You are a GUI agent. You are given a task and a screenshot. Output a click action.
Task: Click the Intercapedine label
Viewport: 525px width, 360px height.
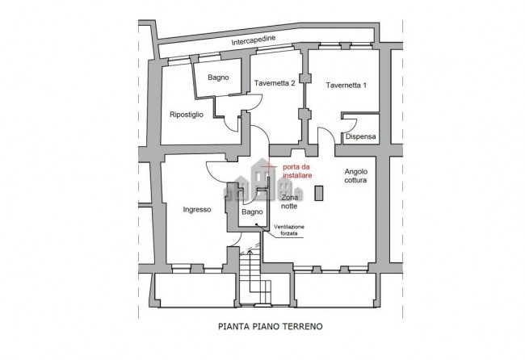click(x=254, y=40)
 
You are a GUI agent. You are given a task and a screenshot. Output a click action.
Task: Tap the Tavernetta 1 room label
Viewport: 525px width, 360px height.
click(x=346, y=86)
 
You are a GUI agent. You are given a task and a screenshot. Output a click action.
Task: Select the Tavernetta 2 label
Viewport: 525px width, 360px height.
click(x=275, y=83)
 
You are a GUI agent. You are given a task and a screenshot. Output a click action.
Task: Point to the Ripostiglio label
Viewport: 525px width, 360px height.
click(x=187, y=115)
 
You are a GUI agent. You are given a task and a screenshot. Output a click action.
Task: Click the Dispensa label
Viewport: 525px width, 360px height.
click(x=360, y=136)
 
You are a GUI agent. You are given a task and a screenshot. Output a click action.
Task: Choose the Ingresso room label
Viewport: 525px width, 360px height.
click(x=197, y=210)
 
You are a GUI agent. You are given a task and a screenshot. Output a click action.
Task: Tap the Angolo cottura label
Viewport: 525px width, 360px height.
click(x=356, y=176)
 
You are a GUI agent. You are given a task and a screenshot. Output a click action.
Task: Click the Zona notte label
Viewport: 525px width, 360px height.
click(x=289, y=202)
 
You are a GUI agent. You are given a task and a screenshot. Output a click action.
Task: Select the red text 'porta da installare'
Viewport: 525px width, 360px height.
click(x=297, y=171)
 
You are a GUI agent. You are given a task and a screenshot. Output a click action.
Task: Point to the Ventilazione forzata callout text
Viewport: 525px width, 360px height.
click(x=289, y=230)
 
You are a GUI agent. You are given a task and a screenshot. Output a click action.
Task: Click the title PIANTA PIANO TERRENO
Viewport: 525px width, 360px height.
click(x=271, y=326)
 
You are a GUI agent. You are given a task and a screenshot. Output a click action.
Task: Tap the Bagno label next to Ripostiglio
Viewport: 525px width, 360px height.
click(x=218, y=77)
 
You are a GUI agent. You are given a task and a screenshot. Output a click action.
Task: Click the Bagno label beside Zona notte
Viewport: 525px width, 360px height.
click(x=252, y=211)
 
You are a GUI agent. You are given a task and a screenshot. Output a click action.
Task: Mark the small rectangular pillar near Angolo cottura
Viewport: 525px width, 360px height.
click(x=319, y=193)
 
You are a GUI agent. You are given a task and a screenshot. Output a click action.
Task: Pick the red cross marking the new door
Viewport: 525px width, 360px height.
click(x=268, y=166)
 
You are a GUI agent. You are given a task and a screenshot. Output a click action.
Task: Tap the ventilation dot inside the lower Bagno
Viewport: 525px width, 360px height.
click(x=256, y=224)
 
